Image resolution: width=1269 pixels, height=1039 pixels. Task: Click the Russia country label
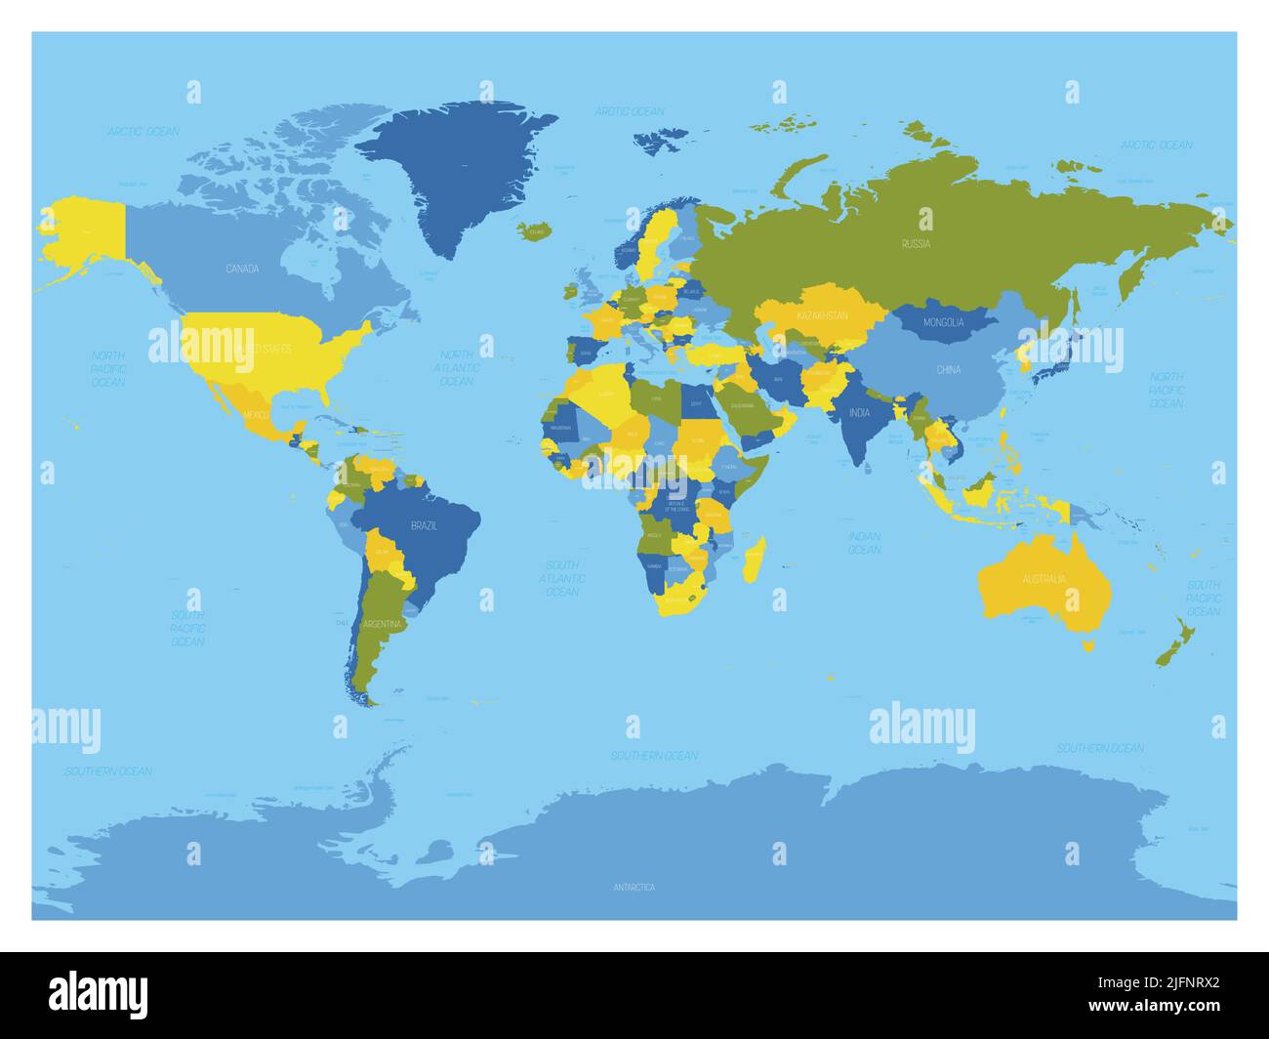916,244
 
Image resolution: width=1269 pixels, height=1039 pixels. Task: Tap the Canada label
242,269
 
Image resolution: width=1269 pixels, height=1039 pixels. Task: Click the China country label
948,370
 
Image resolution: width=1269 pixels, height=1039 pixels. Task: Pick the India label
859,413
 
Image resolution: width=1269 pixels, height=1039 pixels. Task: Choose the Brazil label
424,525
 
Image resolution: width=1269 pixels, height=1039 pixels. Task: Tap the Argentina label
381,624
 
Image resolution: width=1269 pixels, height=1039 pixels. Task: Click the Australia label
1044,579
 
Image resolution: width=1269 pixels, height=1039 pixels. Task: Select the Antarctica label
634,887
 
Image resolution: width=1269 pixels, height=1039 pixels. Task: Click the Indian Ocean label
864,543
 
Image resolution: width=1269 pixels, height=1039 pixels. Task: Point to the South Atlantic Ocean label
562,578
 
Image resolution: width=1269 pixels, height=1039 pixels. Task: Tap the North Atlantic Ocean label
457,368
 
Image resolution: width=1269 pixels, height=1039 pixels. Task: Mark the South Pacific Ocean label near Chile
187,629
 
